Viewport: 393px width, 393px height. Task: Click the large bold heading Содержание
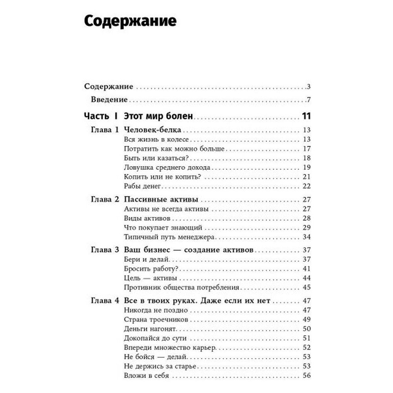click(130, 21)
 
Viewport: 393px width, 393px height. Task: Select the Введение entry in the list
click(109, 99)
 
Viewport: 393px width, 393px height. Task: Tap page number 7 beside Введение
click(309, 99)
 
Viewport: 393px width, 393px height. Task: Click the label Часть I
click(101, 116)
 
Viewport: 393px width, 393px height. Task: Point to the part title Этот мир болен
click(158, 116)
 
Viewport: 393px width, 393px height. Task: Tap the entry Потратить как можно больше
click(174, 149)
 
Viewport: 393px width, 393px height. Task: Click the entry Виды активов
click(147, 218)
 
